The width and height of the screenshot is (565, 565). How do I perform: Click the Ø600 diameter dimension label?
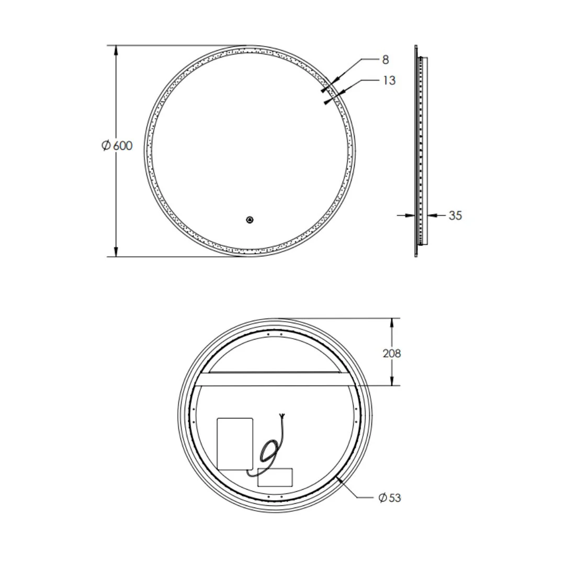(117, 145)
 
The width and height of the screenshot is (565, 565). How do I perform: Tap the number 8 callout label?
(386, 60)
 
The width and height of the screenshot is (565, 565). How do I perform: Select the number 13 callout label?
(389, 81)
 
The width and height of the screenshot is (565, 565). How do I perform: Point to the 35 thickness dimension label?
(455, 216)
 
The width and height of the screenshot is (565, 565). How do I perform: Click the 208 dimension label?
(392, 354)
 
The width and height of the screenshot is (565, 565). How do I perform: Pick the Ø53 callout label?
(390, 498)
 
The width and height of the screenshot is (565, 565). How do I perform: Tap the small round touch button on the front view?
(250, 220)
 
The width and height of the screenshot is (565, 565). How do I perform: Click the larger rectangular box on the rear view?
(235, 443)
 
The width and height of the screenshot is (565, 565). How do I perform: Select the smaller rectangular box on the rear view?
(275, 478)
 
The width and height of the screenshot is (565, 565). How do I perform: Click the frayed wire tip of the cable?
(282, 416)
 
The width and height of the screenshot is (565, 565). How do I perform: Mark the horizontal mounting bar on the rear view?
(272, 379)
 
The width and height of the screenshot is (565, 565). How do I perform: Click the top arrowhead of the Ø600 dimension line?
(116, 50)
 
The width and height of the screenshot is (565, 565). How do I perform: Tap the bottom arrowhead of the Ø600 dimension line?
(116, 252)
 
